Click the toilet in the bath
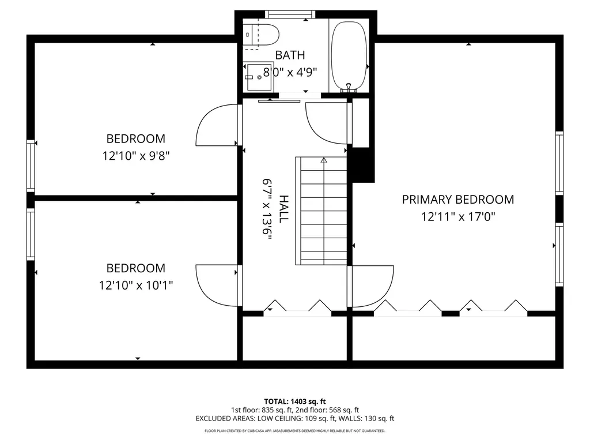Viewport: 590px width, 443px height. pyautogui.click(x=260, y=35)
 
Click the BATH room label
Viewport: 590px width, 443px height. pyautogui.click(x=290, y=55)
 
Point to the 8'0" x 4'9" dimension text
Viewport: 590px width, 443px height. pyautogui.click(x=290, y=72)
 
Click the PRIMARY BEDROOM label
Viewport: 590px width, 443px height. pyautogui.click(x=458, y=199)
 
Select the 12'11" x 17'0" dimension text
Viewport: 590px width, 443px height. pyautogui.click(x=458, y=217)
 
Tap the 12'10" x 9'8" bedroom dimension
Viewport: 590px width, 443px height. pyautogui.click(x=136, y=156)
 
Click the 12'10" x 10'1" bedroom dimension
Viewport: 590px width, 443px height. pyautogui.click(x=136, y=285)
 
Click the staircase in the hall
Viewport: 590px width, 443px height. pyautogui.click(x=321, y=211)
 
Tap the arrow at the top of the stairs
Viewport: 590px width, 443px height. pyautogui.click(x=324, y=160)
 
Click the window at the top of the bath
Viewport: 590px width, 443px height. pyautogui.click(x=290, y=14)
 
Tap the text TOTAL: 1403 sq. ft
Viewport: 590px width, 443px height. pyautogui.click(x=295, y=401)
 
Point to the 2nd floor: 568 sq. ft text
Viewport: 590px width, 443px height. pyautogui.click(x=330, y=410)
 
